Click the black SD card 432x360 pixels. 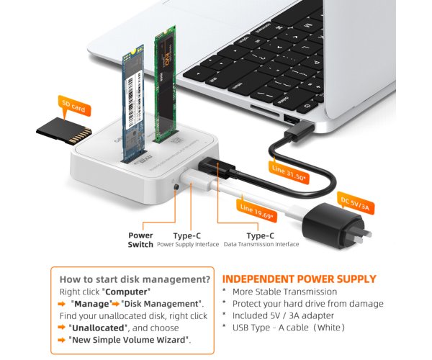tap(63, 131)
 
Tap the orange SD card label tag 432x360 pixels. tap(73, 106)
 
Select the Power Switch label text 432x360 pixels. tap(140, 240)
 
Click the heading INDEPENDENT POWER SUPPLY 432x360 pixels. tap(300, 279)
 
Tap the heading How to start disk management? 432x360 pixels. tap(135, 279)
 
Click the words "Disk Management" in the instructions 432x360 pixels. tap(171, 303)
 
